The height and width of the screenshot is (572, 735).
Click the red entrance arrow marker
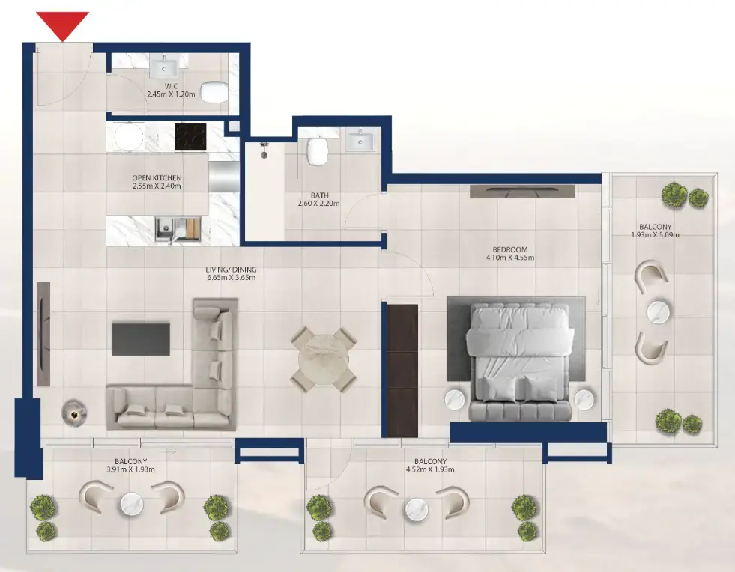click(x=63, y=25)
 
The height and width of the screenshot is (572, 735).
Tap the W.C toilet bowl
click(x=215, y=91)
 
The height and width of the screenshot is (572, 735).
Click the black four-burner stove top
click(x=190, y=136)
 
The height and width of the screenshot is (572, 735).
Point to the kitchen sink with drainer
click(x=178, y=229)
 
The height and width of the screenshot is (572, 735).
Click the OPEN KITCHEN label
click(x=157, y=178)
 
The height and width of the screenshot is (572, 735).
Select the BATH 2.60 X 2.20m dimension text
click(x=319, y=203)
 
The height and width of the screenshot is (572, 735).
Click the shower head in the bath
click(x=264, y=148)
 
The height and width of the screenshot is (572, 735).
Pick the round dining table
click(x=324, y=359)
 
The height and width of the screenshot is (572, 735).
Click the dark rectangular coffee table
click(x=141, y=338)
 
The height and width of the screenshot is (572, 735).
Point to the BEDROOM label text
click(x=509, y=249)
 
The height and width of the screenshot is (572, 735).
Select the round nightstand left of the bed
click(x=457, y=400)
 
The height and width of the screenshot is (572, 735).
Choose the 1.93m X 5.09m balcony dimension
click(x=656, y=234)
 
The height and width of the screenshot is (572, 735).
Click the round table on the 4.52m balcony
click(x=417, y=511)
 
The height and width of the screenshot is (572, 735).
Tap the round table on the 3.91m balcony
click(x=131, y=503)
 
